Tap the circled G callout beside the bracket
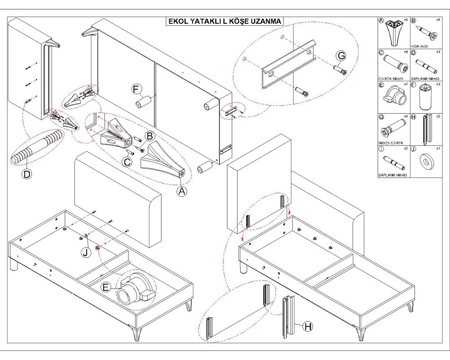341,56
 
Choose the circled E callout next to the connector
106,287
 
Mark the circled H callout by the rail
308,326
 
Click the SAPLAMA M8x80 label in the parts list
393,175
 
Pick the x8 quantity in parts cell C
406,52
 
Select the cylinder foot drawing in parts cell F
425,97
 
